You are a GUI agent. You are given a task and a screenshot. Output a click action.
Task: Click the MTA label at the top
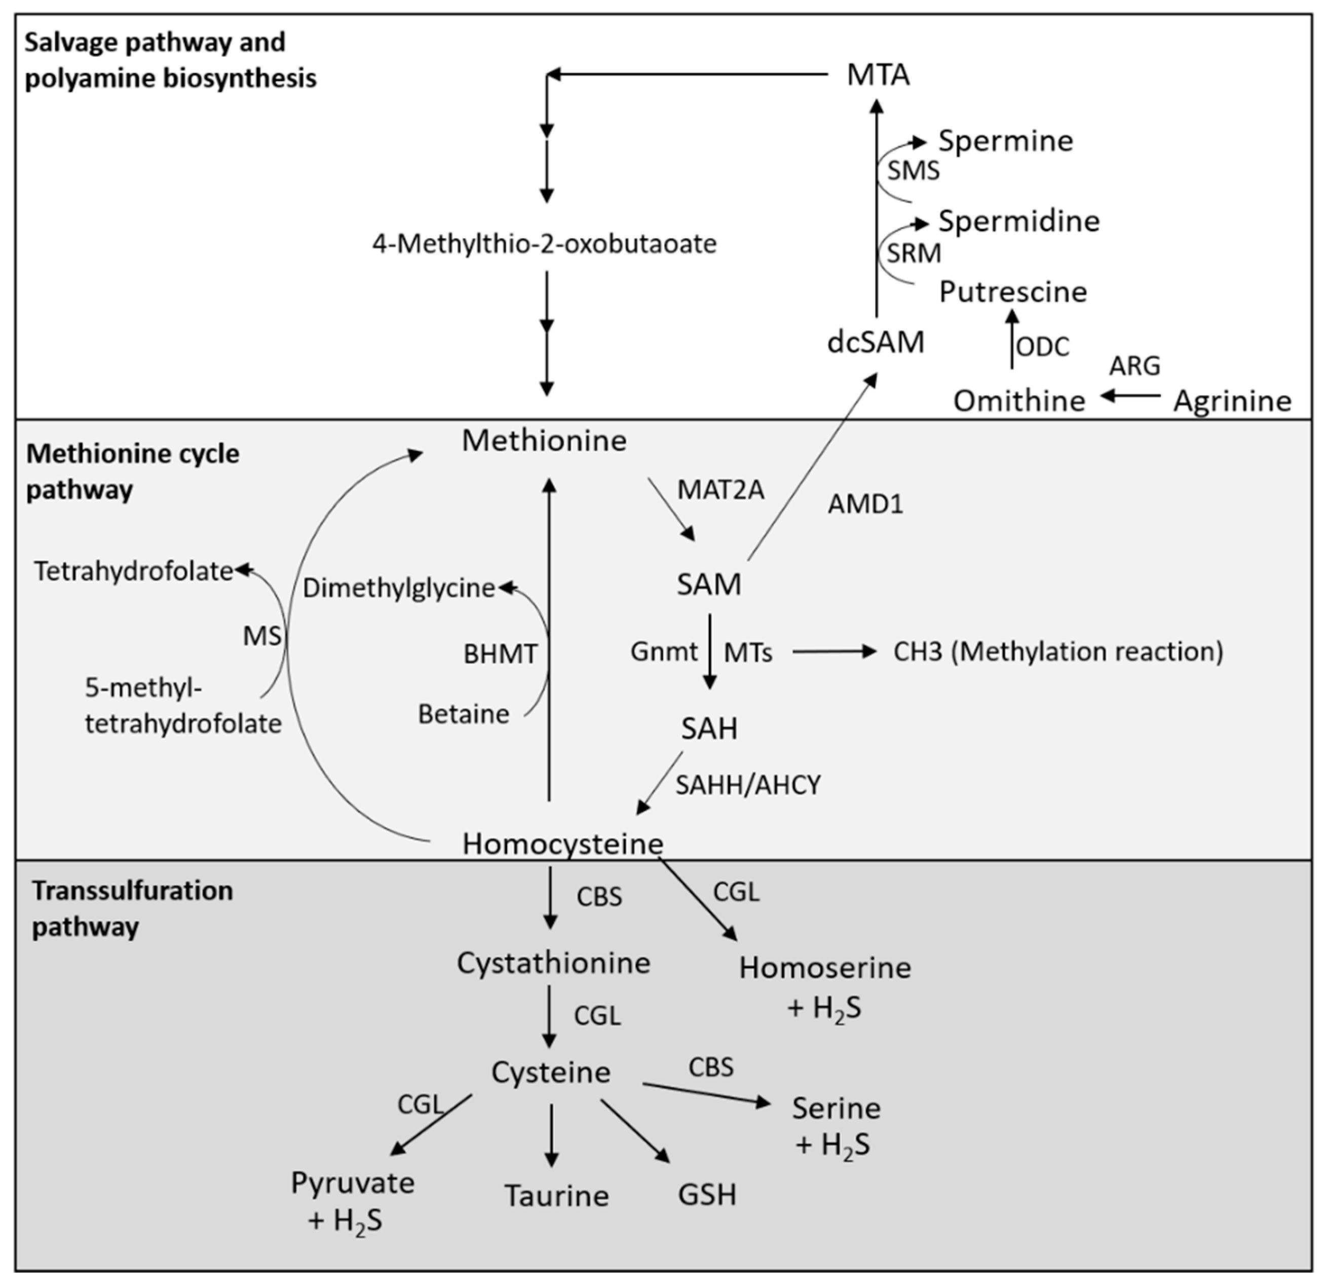(878, 75)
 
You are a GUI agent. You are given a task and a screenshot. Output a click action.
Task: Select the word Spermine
(1005, 141)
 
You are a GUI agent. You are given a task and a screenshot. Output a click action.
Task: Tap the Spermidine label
(1018, 221)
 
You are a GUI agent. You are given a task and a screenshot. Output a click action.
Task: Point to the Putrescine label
(1013, 291)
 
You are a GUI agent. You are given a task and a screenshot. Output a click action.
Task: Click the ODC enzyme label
(1043, 347)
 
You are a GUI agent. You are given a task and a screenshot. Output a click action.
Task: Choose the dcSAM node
(876, 343)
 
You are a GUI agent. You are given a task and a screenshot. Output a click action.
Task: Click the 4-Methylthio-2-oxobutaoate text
(544, 243)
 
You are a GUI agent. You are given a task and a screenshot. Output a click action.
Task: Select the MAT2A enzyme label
(721, 490)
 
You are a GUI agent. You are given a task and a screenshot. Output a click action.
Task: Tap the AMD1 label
(865, 504)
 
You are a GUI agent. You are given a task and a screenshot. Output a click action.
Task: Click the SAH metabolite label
(709, 728)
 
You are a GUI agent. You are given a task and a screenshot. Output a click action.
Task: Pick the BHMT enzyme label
(500, 653)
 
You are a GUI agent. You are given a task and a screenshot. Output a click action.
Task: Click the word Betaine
(463, 714)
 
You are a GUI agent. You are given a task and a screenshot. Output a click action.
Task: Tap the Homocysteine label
(562, 843)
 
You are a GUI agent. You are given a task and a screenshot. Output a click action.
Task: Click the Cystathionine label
(553, 962)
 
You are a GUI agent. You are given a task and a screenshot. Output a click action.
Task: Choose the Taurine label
(556, 1195)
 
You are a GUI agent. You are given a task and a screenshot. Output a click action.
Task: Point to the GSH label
(707, 1194)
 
